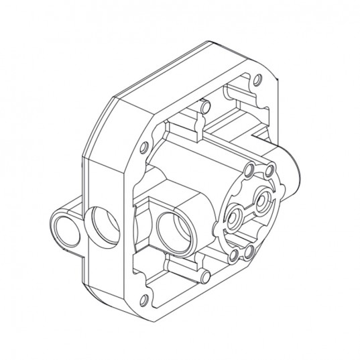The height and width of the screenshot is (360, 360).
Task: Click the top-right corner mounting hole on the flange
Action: coord(255,80)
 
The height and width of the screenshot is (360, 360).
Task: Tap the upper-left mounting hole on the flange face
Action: coord(145,148)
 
